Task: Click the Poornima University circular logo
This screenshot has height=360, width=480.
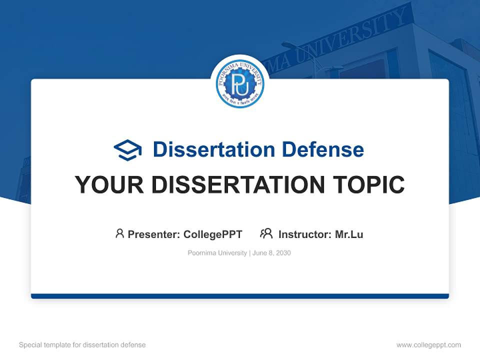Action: click(x=240, y=84)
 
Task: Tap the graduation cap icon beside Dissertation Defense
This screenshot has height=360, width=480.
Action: click(x=127, y=150)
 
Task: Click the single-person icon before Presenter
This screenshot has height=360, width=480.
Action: click(x=119, y=233)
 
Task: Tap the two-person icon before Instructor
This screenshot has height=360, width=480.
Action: click(x=266, y=233)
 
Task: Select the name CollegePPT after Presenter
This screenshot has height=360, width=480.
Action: click(x=213, y=234)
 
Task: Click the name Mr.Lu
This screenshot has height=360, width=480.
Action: click(x=349, y=234)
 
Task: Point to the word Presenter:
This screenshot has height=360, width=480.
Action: click(x=154, y=234)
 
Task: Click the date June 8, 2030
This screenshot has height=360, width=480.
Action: click(x=271, y=253)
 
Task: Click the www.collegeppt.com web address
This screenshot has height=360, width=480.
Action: click(x=428, y=345)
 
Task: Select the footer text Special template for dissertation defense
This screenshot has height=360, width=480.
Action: click(x=82, y=345)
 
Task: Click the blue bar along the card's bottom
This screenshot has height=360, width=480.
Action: click(x=240, y=296)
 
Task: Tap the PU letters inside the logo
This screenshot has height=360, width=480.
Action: click(x=240, y=85)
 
